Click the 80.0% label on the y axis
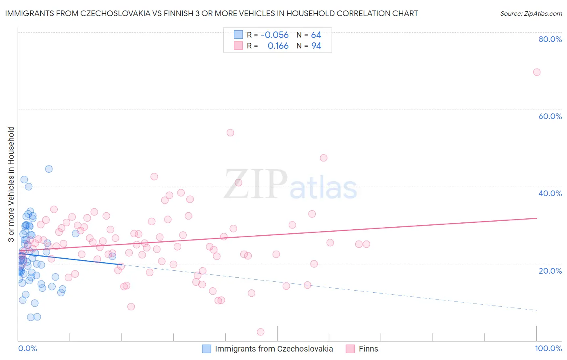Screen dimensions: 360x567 pyautogui.click(x=550, y=39)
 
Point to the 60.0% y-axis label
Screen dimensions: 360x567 pyautogui.click(x=550, y=116)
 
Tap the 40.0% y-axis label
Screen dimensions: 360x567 pyautogui.click(x=550, y=193)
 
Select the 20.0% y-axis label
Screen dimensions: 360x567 pyautogui.click(x=550, y=271)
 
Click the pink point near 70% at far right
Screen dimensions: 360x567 pyautogui.click(x=536, y=72)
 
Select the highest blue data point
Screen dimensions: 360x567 pyautogui.click(x=49, y=169)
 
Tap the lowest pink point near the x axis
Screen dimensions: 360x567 pyautogui.click(x=261, y=332)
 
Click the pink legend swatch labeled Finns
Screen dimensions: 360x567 pyautogui.click(x=350, y=349)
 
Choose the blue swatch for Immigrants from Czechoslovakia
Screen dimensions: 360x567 pyautogui.click(x=206, y=349)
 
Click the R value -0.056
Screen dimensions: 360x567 pyautogui.click(x=275, y=35)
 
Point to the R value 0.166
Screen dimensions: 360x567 pyautogui.click(x=278, y=46)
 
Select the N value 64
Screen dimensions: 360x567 pyautogui.click(x=316, y=35)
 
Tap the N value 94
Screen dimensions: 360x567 pyautogui.click(x=316, y=46)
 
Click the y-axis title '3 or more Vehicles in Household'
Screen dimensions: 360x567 pyautogui.click(x=11, y=184)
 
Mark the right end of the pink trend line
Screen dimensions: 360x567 pyautogui.click(x=536, y=218)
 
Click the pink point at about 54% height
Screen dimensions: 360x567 pyautogui.click(x=230, y=133)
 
